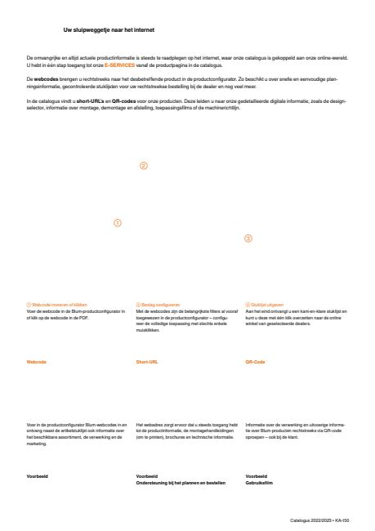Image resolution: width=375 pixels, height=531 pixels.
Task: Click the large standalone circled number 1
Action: tap(117, 221)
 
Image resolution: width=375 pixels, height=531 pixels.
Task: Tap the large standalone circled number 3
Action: tap(248, 239)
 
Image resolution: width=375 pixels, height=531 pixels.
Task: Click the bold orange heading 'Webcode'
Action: tap(38, 360)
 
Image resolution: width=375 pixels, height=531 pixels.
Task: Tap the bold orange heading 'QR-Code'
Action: tap(257, 360)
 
